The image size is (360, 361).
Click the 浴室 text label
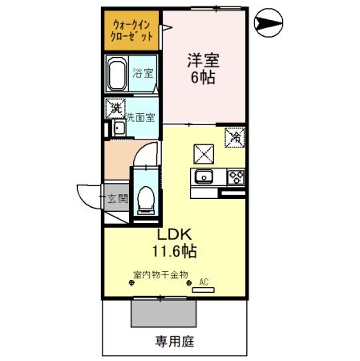click(144, 75)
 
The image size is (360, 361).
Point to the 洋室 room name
click(203, 60)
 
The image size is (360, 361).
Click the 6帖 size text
click(203, 78)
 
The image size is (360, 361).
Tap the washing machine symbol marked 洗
click(115, 107)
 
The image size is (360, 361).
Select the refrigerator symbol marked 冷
click(235, 138)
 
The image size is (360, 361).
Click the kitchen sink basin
click(203, 176)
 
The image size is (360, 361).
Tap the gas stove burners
click(236, 176)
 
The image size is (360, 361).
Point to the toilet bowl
click(144, 197)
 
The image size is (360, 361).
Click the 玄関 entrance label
click(117, 198)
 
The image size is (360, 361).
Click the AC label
click(203, 282)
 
